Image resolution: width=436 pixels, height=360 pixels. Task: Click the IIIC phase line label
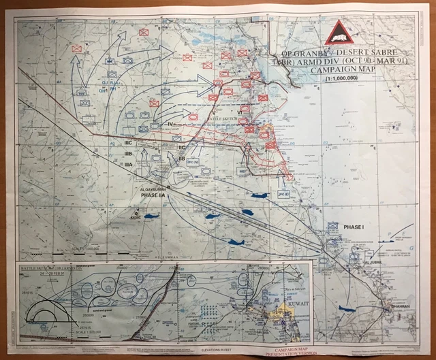pos(127,144)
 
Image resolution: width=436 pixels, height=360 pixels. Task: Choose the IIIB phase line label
pos(127,154)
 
